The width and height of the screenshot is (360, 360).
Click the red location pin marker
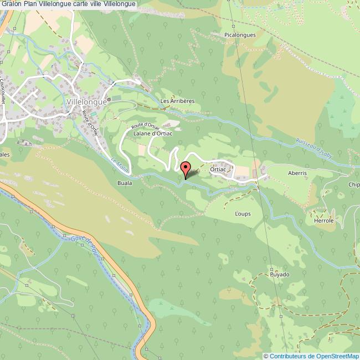coord(186,168)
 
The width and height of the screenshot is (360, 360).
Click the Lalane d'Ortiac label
coord(146,133)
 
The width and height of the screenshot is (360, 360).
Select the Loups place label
coord(243,213)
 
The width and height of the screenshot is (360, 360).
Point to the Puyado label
coord(280,274)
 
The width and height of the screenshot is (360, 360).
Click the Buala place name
coord(125,182)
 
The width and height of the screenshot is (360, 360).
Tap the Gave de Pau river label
coord(85,246)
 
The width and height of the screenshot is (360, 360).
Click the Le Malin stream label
coord(119,164)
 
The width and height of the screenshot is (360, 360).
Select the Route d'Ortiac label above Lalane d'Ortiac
coord(145,122)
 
